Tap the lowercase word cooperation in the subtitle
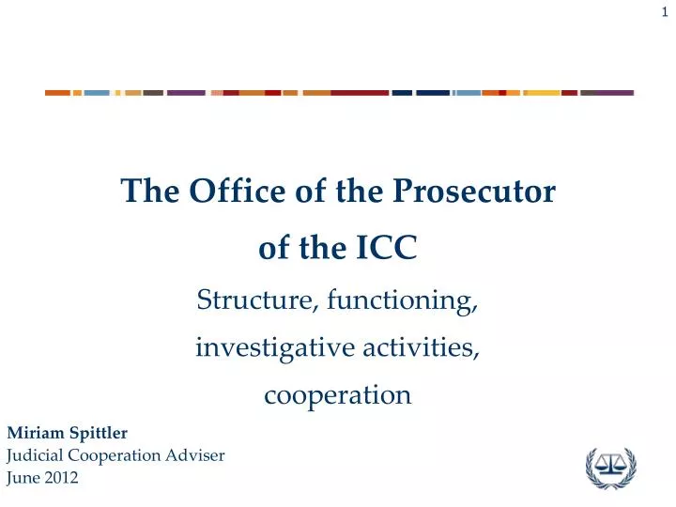tap(338, 395)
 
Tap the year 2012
tap(61, 478)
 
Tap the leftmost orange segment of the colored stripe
tap(57, 93)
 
